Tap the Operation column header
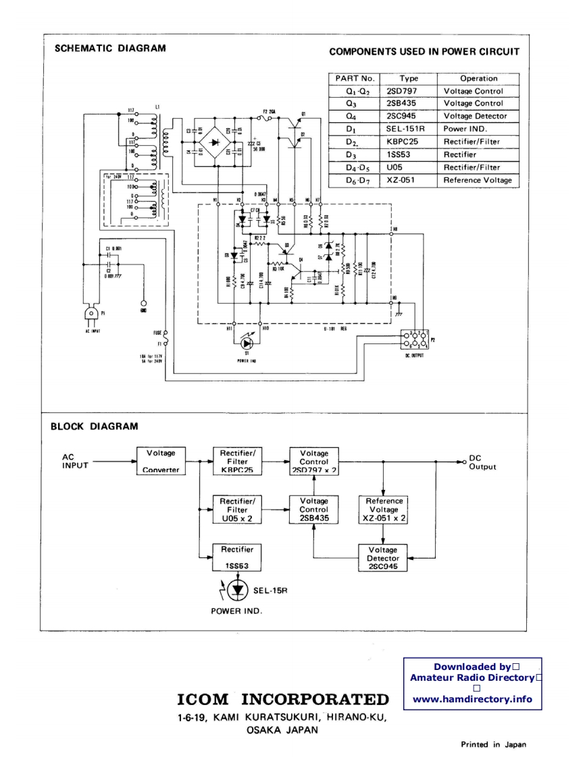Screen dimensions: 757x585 click(x=478, y=78)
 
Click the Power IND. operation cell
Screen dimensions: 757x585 click(x=478, y=129)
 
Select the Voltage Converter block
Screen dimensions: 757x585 click(x=161, y=461)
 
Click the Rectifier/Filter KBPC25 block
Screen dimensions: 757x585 click(x=237, y=461)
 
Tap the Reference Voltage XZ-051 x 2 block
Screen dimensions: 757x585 click(x=384, y=510)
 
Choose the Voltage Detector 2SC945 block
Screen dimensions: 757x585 click(x=383, y=558)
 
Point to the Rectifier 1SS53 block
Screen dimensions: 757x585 click(x=237, y=558)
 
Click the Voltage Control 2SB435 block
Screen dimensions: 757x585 click(x=313, y=510)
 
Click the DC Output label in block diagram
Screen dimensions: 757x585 click(x=482, y=462)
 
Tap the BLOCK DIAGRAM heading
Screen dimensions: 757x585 click(x=95, y=426)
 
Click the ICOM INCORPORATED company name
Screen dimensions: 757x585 click(x=283, y=698)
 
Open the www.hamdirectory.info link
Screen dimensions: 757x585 click(x=472, y=699)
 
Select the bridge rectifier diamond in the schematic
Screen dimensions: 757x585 click(x=216, y=142)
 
